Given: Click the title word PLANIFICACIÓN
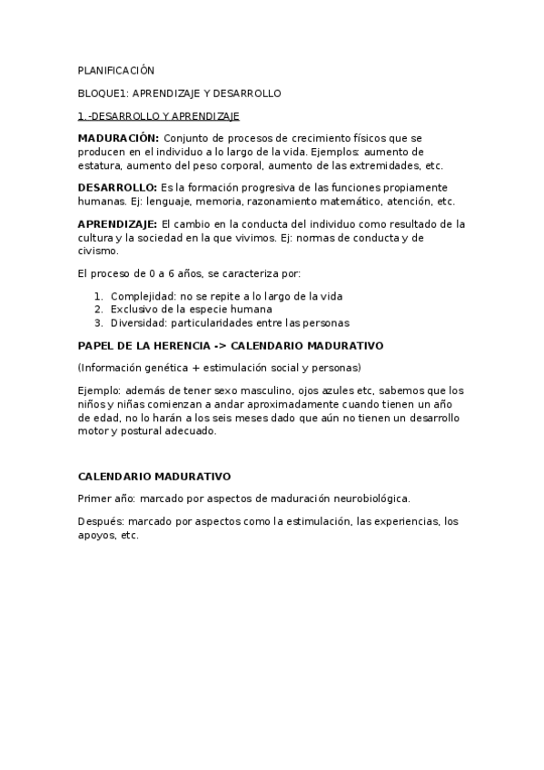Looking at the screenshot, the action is point(116,70).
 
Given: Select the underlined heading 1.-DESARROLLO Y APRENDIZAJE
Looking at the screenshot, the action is point(158,116).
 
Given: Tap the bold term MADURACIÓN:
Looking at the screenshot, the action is point(118,138).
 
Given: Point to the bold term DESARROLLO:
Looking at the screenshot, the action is point(117,187).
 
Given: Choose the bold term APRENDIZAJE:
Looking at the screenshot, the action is point(117,223).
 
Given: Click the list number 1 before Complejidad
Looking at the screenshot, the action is point(98,297).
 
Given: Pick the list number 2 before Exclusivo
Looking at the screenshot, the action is point(98,310).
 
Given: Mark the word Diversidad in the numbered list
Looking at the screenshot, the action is point(137,322).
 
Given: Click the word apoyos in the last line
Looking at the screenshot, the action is point(97,535).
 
